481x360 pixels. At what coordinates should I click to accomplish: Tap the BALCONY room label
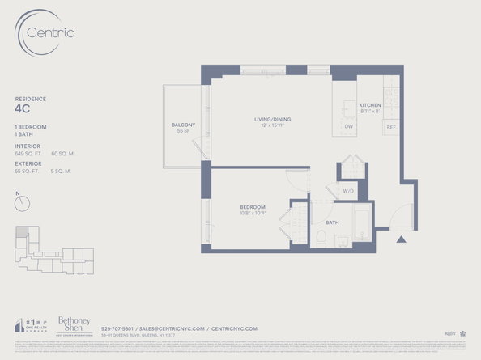tap(182, 124)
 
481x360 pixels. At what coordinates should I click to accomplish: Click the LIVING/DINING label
tap(271, 119)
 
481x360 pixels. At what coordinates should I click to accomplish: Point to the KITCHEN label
tap(370, 105)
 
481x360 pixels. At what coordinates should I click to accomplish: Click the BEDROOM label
tap(253, 207)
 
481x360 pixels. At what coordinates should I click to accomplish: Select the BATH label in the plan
tap(332, 222)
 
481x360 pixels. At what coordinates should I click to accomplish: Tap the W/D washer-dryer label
tap(348, 192)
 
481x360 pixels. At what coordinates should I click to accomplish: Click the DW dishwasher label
tap(348, 127)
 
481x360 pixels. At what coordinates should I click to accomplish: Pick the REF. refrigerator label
tap(391, 127)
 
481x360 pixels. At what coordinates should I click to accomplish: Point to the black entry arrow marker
tap(400, 239)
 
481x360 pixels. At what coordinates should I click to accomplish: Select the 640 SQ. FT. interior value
tap(28, 151)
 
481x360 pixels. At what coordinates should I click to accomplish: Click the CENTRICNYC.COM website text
tap(234, 328)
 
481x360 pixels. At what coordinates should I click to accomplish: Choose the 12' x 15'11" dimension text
tap(271, 125)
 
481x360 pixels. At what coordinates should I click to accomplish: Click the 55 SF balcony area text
tap(182, 130)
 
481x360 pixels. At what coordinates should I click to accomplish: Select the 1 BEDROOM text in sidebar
tap(30, 127)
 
